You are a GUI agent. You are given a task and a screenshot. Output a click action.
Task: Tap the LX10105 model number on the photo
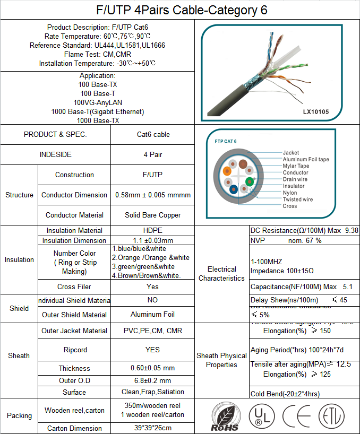316,112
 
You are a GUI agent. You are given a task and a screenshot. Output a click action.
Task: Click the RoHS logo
224,417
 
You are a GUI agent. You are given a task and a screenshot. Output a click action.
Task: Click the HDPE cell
153,230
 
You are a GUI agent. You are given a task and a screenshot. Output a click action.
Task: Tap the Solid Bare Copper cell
153,215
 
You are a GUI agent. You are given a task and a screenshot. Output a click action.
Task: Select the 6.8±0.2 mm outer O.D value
153,380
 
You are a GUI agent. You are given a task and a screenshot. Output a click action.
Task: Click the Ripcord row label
74,350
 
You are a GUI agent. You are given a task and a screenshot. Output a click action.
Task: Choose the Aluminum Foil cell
153,315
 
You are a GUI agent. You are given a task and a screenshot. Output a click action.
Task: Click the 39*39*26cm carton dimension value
153,428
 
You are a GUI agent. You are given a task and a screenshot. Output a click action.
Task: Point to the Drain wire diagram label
295,179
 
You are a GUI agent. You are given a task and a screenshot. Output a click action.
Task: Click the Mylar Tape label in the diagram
296,166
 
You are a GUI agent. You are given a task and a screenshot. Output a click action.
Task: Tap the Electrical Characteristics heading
221,274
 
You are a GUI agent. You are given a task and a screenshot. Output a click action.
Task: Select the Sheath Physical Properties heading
221,360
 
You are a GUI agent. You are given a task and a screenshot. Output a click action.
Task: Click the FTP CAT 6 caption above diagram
226,141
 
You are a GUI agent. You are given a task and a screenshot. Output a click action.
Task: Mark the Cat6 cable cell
153,134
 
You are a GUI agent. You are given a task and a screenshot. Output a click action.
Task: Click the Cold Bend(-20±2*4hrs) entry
285,394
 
